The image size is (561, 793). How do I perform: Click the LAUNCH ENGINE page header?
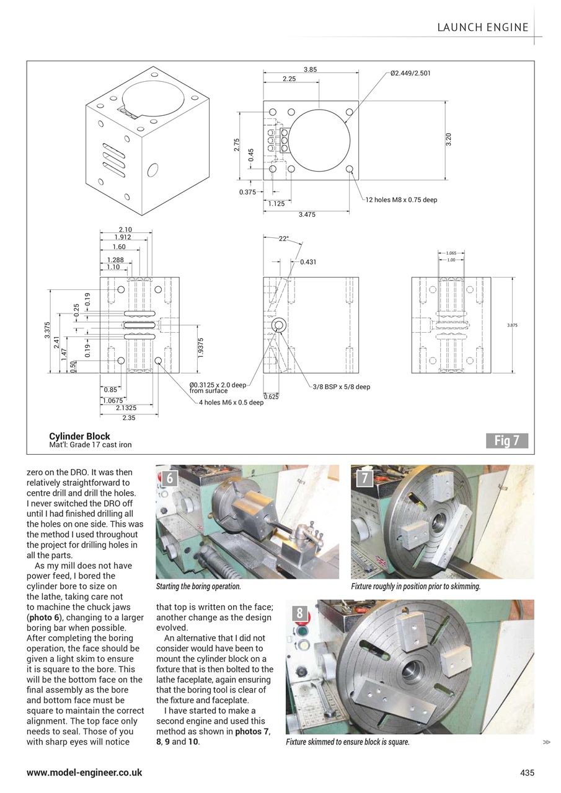click(x=483, y=27)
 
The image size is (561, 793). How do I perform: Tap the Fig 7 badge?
click(x=506, y=440)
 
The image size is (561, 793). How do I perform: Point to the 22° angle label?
click(x=284, y=239)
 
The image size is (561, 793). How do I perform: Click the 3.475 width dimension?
click(x=306, y=214)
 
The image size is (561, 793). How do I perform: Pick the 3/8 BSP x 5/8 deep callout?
click(x=341, y=387)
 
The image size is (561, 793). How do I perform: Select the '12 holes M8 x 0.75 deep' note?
click(x=401, y=200)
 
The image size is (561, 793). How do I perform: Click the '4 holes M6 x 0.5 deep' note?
click(x=231, y=402)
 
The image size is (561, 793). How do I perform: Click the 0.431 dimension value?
click(x=309, y=262)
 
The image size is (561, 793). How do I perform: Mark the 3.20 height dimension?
click(x=448, y=139)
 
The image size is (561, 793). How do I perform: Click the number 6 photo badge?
click(x=170, y=478)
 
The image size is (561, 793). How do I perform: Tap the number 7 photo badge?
click(x=365, y=478)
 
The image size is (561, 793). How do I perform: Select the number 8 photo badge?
click(x=300, y=613)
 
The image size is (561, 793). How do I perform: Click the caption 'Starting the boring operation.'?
click(x=198, y=586)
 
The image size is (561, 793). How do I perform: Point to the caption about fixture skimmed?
click(x=347, y=742)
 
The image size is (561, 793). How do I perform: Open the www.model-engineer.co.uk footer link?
click(x=84, y=773)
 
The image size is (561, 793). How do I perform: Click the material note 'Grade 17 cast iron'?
click(x=100, y=445)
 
